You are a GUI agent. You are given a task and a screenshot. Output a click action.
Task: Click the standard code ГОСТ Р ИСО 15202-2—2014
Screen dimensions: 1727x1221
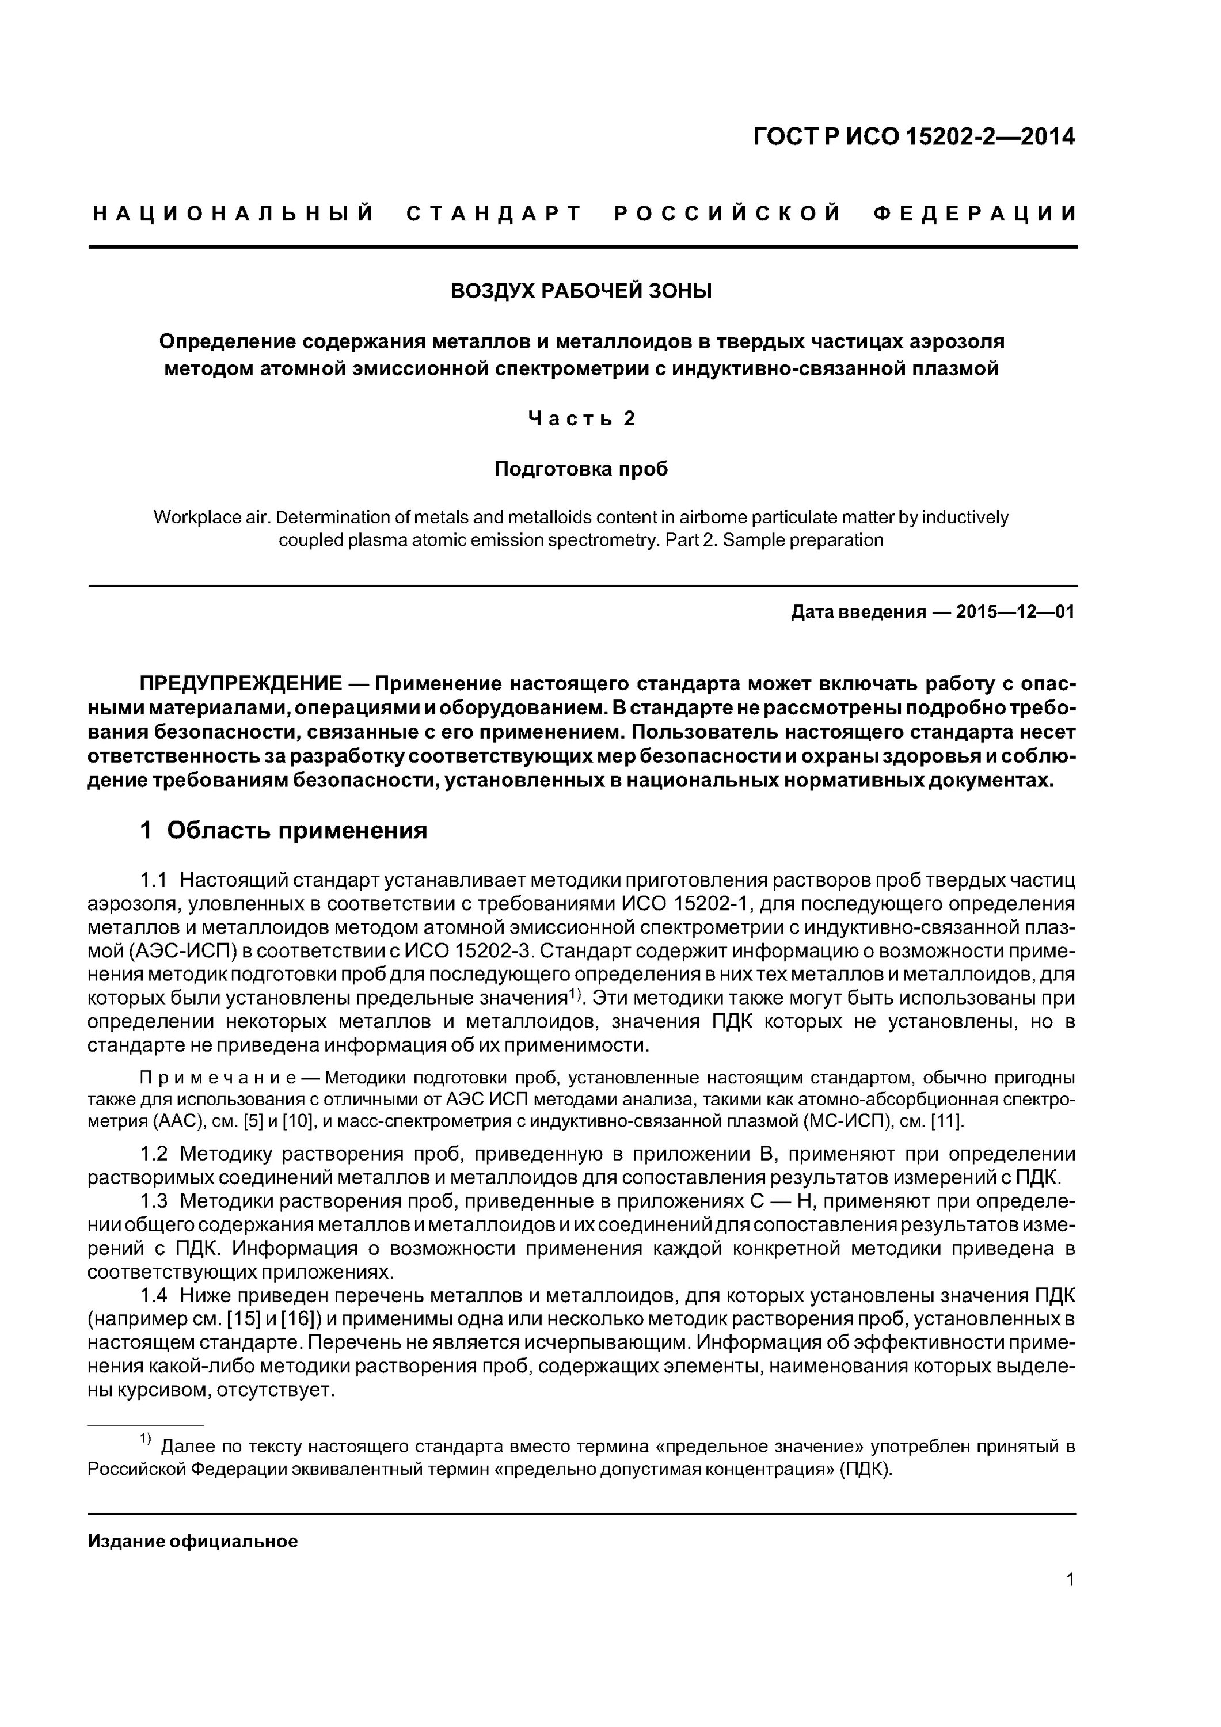[x=914, y=137]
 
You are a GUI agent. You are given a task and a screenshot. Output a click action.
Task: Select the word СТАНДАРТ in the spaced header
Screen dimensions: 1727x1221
[x=495, y=214]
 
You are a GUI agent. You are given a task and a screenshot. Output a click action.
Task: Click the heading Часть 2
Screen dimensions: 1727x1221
[x=581, y=418]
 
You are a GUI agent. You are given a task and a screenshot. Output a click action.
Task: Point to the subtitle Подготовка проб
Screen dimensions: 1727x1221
[x=581, y=469]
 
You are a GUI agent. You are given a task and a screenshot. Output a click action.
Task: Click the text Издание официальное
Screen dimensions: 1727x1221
[x=193, y=1541]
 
